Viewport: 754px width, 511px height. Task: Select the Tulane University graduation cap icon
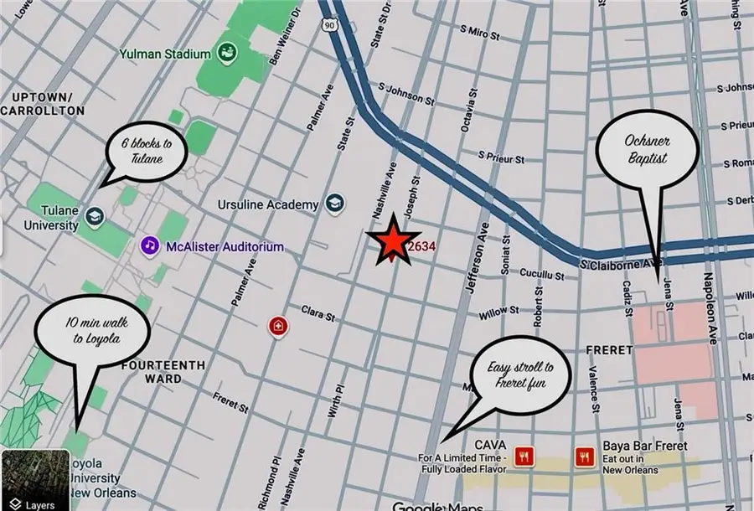pos(95,215)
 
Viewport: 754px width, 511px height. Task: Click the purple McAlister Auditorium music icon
pos(149,246)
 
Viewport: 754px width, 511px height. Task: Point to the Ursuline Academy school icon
pos(335,204)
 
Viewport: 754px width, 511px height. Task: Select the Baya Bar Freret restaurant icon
pos(584,456)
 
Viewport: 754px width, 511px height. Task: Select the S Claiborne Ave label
pos(617,264)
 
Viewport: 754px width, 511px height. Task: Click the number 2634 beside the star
pos(421,247)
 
